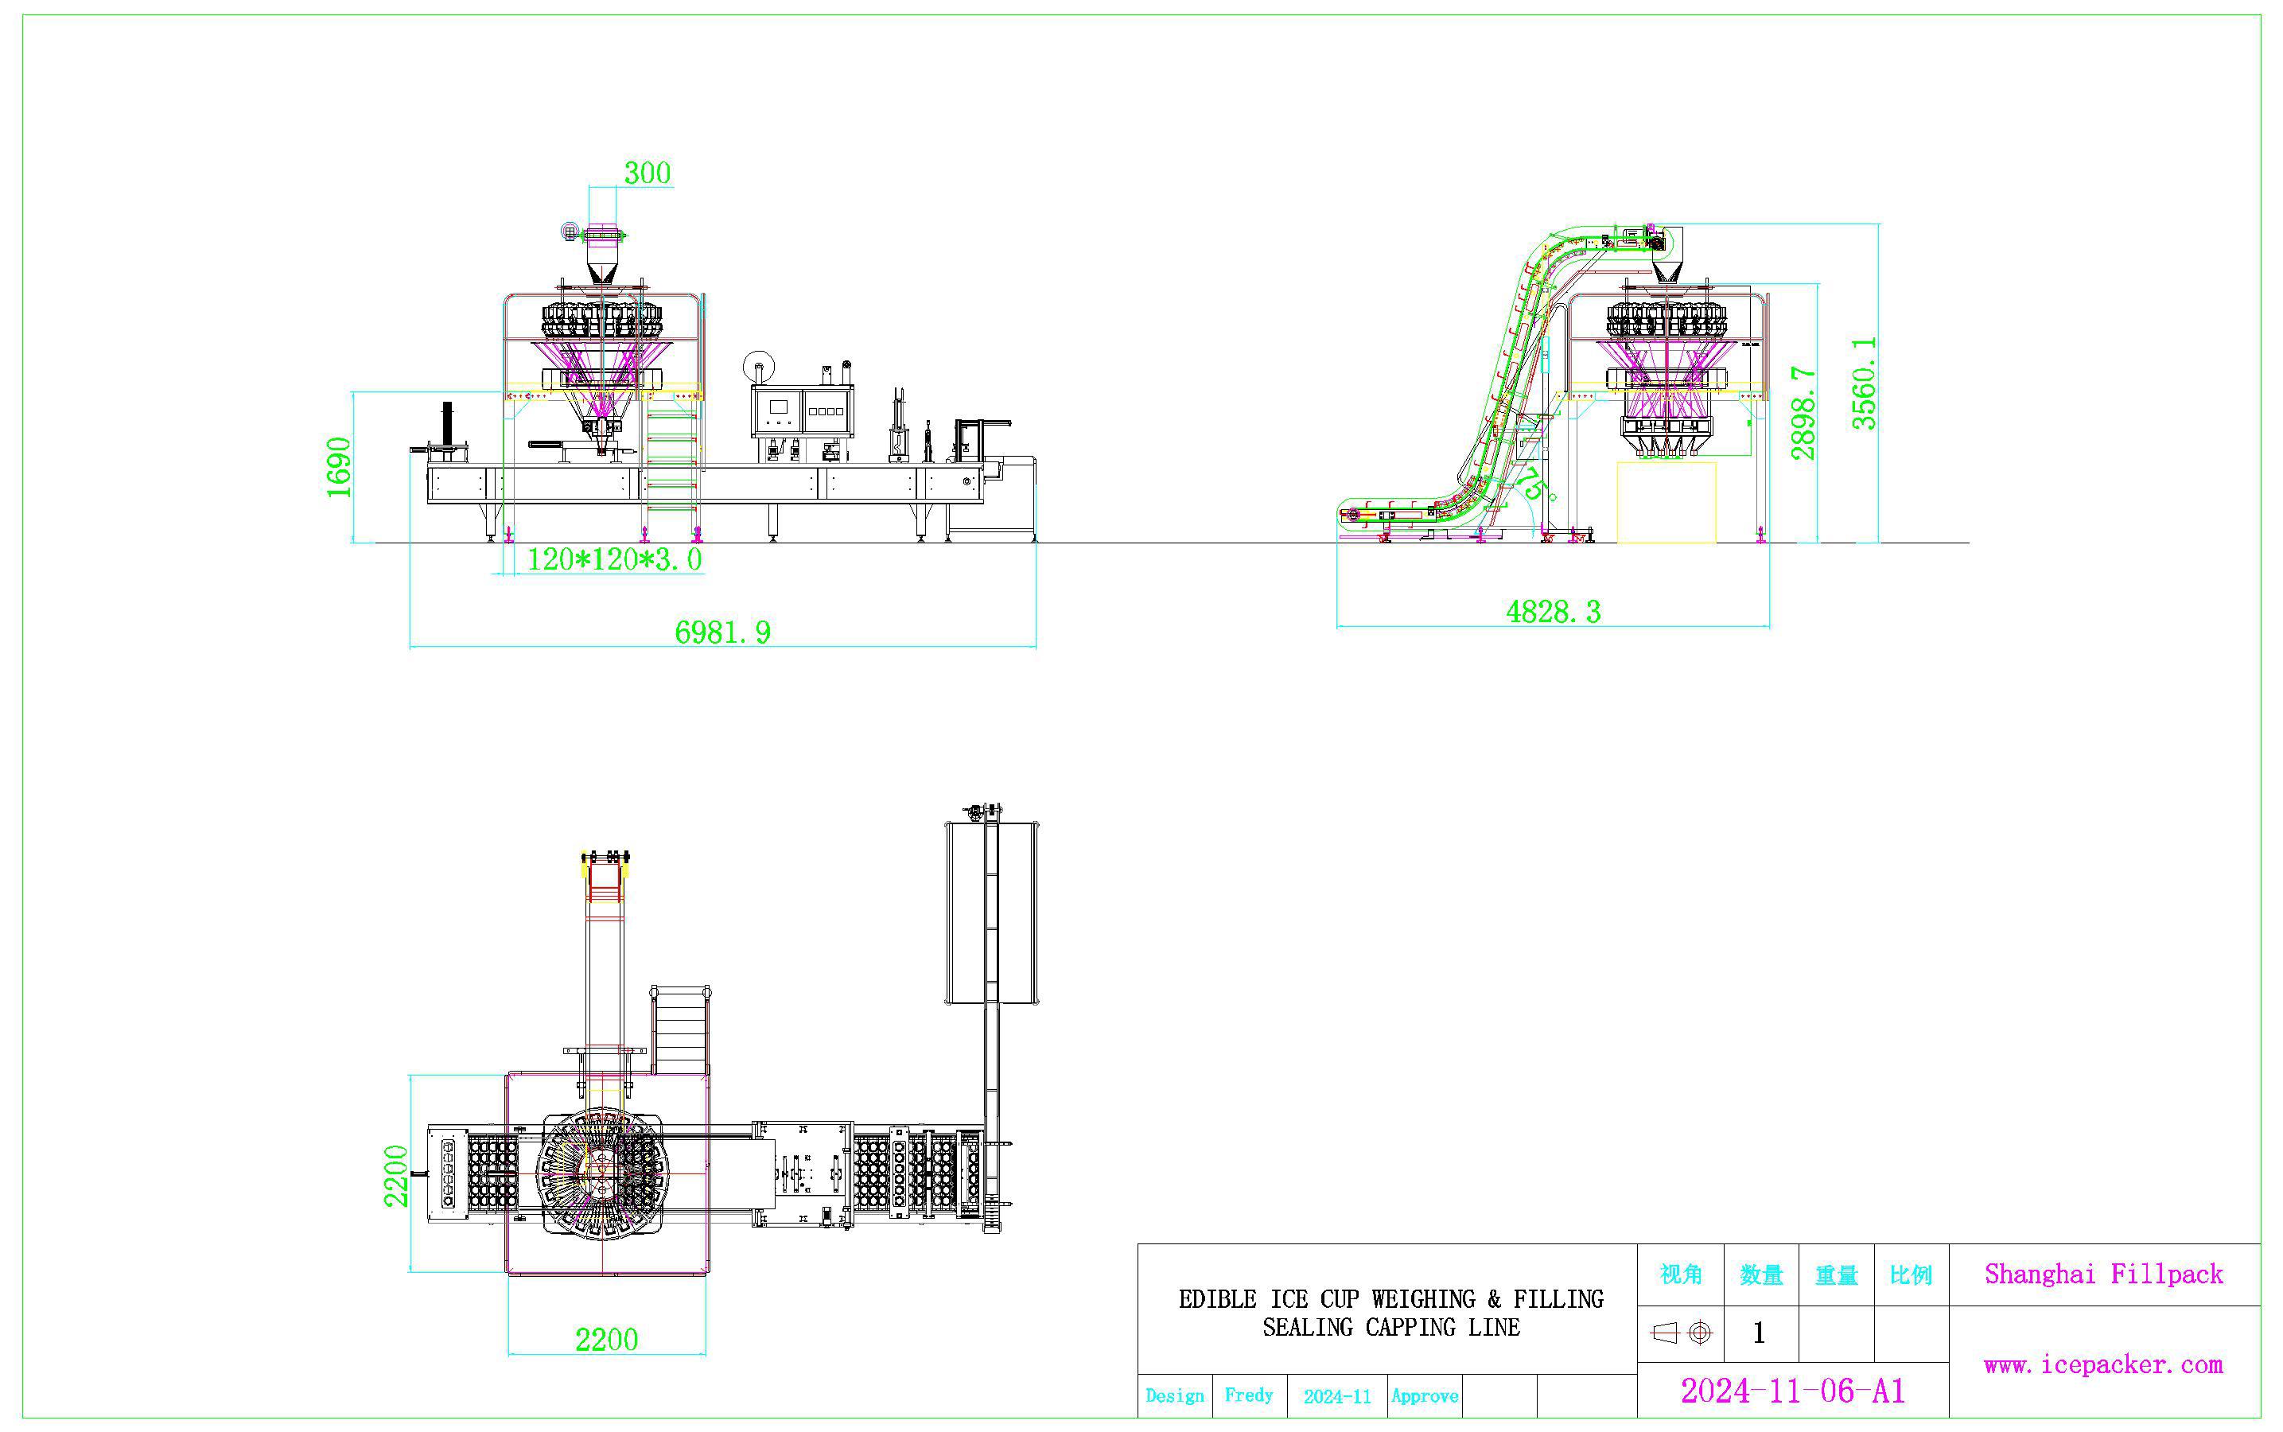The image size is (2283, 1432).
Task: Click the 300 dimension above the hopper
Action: point(647,173)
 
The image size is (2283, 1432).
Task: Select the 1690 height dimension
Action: point(339,467)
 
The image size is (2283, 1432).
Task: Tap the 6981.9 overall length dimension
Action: point(722,632)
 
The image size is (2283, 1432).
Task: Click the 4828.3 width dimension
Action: point(1553,612)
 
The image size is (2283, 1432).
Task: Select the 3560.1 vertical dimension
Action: point(1864,383)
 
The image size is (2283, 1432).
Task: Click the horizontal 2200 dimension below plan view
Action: point(606,1339)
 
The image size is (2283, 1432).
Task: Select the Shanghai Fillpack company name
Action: point(2103,1274)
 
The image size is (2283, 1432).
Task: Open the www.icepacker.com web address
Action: point(2103,1364)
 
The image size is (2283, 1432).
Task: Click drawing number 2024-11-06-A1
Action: point(1791,1391)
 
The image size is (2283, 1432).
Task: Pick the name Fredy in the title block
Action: point(1248,1395)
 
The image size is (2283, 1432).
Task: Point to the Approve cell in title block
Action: point(1424,1396)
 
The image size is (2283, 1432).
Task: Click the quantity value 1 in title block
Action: point(1759,1333)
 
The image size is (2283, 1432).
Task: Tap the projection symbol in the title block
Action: point(1681,1333)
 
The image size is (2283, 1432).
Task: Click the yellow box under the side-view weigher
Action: point(1666,503)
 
